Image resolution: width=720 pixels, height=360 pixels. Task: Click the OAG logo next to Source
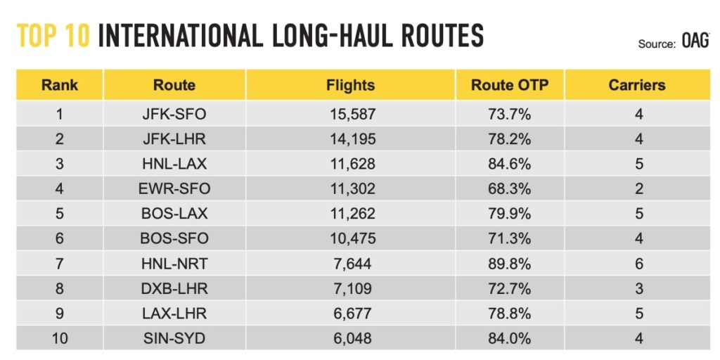[695, 42]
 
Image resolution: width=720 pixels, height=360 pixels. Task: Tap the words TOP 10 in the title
[53, 35]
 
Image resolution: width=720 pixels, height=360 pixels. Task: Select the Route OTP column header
[509, 86]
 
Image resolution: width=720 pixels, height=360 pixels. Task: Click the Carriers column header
[637, 86]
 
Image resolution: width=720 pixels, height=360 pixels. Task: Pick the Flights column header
[350, 86]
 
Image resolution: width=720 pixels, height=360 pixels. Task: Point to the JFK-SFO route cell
[174, 114]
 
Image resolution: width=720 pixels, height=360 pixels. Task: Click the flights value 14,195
[350, 139]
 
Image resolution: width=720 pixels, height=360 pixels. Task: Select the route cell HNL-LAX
[174, 164]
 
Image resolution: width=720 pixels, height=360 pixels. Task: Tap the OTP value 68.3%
[509, 188]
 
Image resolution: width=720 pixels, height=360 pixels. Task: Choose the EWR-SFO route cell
[174, 188]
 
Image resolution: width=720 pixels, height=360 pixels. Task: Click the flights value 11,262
[350, 213]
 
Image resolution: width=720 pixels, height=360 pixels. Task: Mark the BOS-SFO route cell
[174, 238]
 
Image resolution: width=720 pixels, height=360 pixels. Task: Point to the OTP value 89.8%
[509, 263]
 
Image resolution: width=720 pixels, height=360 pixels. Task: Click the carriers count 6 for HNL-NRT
[638, 263]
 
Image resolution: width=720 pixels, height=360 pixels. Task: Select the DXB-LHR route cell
[174, 288]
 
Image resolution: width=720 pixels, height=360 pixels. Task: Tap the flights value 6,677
[350, 313]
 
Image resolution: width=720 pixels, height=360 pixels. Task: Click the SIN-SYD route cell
[174, 337]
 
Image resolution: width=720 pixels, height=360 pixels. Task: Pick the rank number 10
[59, 337]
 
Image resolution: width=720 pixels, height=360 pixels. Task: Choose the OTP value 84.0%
[509, 337]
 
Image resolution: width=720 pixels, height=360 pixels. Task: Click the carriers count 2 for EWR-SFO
[638, 188]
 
